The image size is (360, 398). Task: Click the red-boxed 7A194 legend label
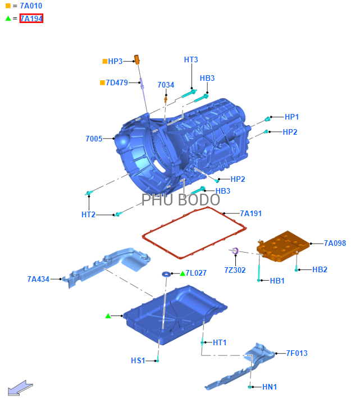coord(31,19)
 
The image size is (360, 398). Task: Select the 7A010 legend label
coord(31,6)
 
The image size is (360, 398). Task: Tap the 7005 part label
coord(94,139)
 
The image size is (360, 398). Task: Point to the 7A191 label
coord(251,213)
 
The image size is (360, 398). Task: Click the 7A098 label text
coord(335,243)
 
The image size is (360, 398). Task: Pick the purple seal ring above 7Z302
coord(235,251)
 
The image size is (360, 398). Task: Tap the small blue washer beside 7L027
coord(166,274)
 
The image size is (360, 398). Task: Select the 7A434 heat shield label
coord(38,279)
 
